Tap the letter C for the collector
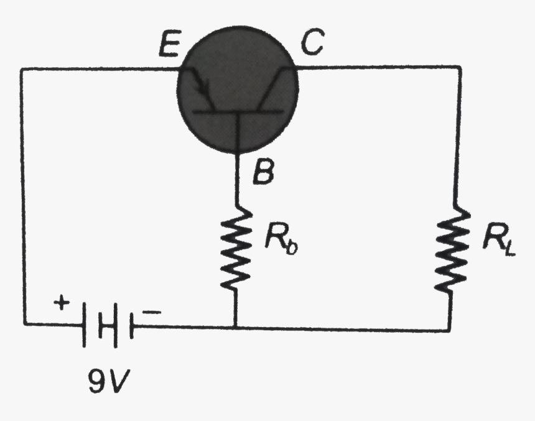click(310, 44)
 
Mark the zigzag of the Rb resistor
click(236, 249)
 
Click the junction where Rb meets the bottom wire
click(236, 326)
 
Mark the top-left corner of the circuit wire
click(23, 69)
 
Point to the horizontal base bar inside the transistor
click(236, 112)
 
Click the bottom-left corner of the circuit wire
click(25, 323)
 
